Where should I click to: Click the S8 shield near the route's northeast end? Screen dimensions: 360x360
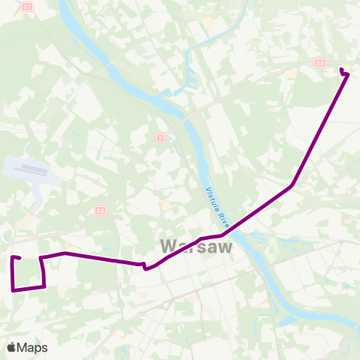pos(320,64)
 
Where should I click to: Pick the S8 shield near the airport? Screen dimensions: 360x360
pos(100,210)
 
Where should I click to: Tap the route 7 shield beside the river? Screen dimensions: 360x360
pos(160,138)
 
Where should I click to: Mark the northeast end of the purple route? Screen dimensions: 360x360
pos(342,70)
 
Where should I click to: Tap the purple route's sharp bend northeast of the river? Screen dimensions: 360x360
pos(291,184)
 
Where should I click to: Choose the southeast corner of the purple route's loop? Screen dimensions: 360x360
pos(45,286)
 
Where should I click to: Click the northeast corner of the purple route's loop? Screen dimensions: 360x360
pos(41,258)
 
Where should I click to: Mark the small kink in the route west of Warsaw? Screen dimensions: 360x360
pos(144,265)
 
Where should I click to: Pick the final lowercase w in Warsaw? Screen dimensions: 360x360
pos(224,247)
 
